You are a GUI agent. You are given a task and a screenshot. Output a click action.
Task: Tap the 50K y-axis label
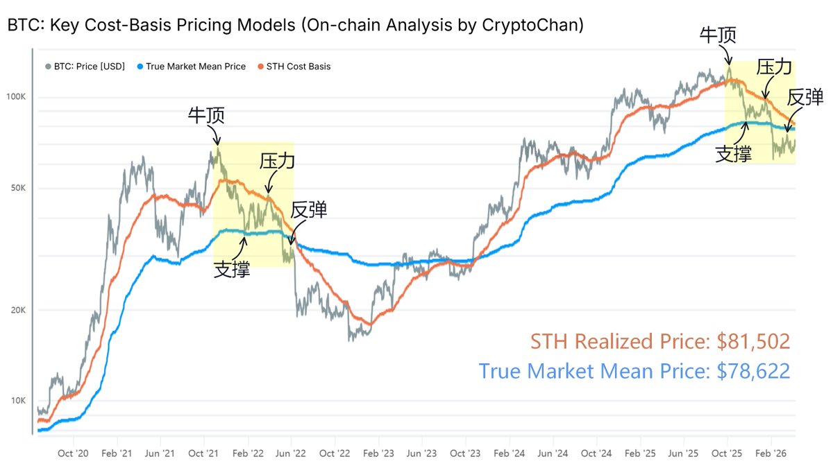pyautogui.click(x=18, y=189)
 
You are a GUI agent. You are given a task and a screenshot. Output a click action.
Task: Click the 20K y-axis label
pyautogui.click(x=18, y=310)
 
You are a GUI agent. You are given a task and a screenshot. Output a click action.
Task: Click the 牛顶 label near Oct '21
pyautogui.click(x=206, y=116)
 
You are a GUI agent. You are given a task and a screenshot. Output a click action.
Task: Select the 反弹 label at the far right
pyautogui.click(x=806, y=98)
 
